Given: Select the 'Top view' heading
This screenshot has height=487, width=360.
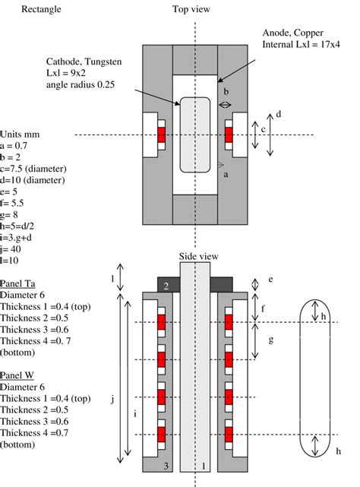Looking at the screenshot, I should [x=191, y=9].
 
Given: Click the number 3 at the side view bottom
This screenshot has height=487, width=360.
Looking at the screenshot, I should [x=166, y=464].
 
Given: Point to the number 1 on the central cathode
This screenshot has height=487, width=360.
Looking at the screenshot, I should [x=202, y=464].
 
